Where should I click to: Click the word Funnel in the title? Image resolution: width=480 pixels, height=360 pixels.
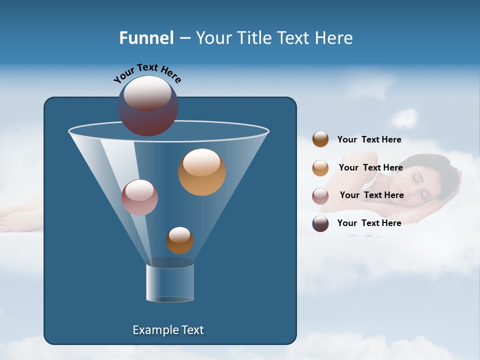tap(146, 38)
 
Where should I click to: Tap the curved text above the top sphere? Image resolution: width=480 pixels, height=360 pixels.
tap(147, 73)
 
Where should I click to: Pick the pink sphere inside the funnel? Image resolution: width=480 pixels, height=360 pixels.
tap(139, 198)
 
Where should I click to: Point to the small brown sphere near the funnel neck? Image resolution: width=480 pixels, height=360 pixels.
tap(179, 240)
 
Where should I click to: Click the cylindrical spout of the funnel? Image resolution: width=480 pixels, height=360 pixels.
tap(170, 283)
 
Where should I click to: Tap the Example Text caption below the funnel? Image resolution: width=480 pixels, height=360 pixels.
tap(168, 330)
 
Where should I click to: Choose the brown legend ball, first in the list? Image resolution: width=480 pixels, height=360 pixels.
tap(320, 139)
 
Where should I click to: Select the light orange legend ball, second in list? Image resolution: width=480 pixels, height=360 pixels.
tap(320, 168)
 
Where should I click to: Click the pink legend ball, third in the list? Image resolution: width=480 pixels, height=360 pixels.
tap(320, 196)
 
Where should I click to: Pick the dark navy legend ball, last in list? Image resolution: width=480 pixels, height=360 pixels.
tap(320, 223)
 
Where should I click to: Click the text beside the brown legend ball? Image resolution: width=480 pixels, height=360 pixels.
tap(369, 140)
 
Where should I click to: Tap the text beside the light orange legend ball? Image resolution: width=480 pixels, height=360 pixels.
tap(370, 168)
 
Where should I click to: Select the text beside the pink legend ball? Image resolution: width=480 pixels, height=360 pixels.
tap(371, 195)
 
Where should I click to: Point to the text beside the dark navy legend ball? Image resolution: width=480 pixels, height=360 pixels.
tap(369, 223)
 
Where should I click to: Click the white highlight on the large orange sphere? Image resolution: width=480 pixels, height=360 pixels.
tap(201, 162)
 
